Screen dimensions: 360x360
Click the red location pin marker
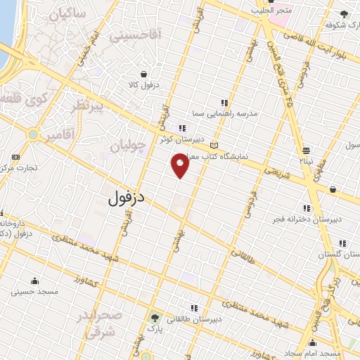click(x=180, y=166)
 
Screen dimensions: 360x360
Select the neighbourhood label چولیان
click(x=128, y=146)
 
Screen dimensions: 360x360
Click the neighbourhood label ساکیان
click(x=68, y=13)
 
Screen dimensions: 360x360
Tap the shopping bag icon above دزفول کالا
click(x=144, y=74)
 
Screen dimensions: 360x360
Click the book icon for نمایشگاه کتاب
click(x=214, y=146)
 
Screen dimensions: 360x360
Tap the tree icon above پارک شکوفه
click(x=343, y=13)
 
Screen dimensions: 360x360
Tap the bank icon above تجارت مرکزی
click(x=16, y=156)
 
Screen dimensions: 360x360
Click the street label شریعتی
click(x=275, y=172)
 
